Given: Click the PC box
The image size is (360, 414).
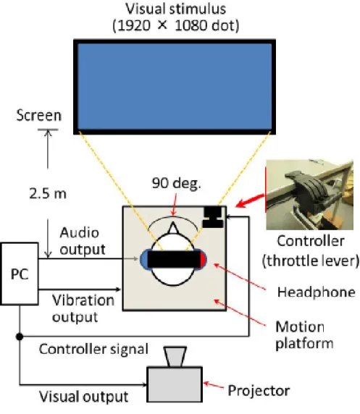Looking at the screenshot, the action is pos(20,274).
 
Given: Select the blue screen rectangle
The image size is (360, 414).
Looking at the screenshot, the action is pos(175,87).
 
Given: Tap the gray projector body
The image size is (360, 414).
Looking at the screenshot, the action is pos(175,384).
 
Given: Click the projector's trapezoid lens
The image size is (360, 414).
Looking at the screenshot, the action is pos(175,357).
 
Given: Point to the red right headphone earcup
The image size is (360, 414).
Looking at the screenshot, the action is pos(203,260).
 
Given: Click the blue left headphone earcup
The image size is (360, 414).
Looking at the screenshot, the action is pos(144,260).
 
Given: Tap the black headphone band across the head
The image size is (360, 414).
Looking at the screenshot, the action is pos(174,260).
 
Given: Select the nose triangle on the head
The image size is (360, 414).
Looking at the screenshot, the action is pos(173,229).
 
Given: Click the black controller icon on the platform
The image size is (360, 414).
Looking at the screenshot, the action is pos(213,217).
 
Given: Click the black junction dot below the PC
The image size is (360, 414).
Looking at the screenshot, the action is pos(20,337).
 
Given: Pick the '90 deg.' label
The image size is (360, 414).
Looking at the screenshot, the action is pos(176,183).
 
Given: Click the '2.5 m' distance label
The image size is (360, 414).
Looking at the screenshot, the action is pos(48,193).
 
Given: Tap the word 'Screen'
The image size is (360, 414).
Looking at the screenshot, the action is pos(39,115).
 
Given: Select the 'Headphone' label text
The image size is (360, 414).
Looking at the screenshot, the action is pos(316,292).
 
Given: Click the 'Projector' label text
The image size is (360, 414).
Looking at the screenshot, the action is pos(259,391).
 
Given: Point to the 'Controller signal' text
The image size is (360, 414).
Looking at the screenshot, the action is pos(93,350).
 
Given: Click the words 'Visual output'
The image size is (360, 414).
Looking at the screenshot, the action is pos(84,397).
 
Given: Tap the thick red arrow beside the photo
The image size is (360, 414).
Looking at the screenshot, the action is pos(250,200).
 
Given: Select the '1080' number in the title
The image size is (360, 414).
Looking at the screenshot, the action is pos(190,25).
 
